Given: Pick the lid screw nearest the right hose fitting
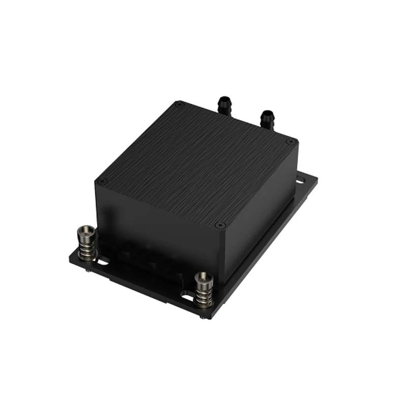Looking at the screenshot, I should tap(290, 141).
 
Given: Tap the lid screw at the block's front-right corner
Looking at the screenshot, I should tap(219, 224).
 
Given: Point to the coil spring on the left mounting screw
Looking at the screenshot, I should tap(86, 249).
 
